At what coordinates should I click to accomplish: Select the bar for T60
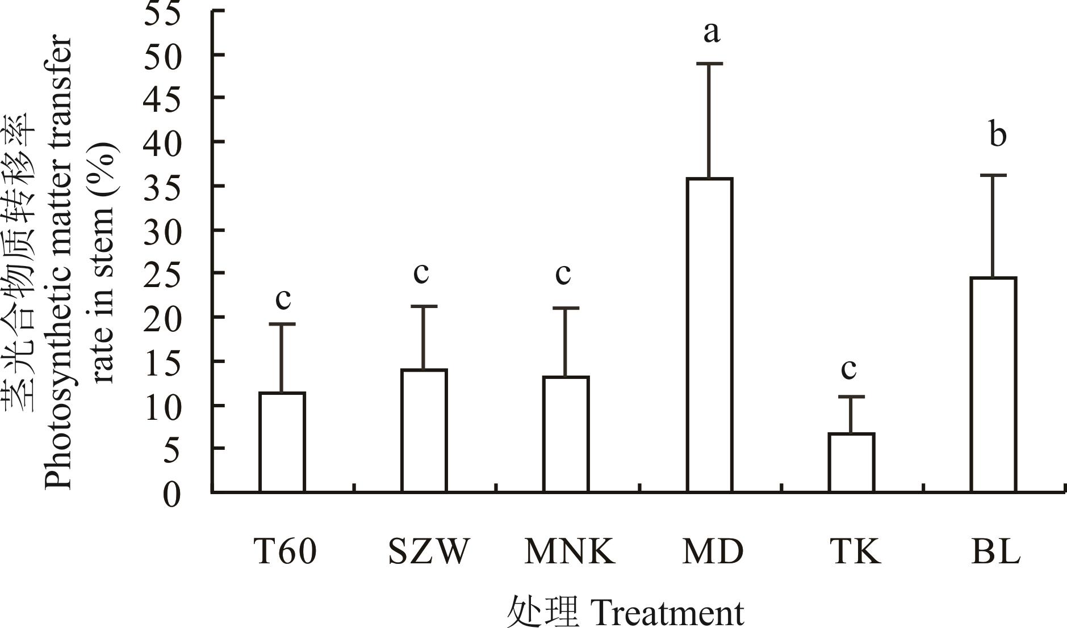(x=282, y=442)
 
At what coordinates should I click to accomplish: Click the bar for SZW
(x=424, y=431)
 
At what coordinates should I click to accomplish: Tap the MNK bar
(x=566, y=434)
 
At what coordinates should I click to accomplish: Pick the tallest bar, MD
(x=709, y=335)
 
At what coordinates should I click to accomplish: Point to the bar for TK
(x=851, y=462)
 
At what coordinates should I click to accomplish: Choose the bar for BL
(x=993, y=385)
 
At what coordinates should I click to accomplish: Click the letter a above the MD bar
(x=711, y=32)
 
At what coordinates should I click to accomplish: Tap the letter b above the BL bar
(x=997, y=134)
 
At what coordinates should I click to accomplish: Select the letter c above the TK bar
(x=848, y=369)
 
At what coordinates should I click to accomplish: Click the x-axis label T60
(x=284, y=551)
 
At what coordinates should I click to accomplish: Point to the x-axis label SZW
(x=429, y=551)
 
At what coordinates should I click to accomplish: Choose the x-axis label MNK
(x=570, y=551)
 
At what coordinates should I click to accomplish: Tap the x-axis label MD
(x=713, y=551)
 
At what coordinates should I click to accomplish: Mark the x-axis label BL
(x=995, y=551)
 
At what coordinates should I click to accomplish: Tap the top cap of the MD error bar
(x=709, y=64)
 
